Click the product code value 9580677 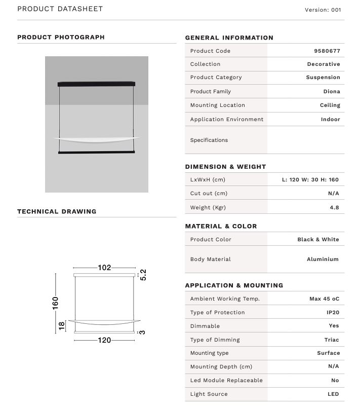coord(327,51)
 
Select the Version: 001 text coord(323,10)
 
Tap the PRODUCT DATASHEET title coord(60,9)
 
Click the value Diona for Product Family coord(332,92)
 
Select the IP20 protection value coord(333,313)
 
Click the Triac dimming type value coord(332,340)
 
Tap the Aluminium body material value coord(323,259)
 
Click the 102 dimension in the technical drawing coord(104,268)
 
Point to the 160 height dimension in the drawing coord(56,303)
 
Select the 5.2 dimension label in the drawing coord(143,275)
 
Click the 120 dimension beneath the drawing coord(104,340)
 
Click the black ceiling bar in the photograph coord(97,83)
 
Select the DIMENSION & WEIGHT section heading coord(225,167)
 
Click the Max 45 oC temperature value coord(324,299)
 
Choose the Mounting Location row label coord(217,105)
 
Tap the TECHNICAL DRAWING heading coord(57,211)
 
